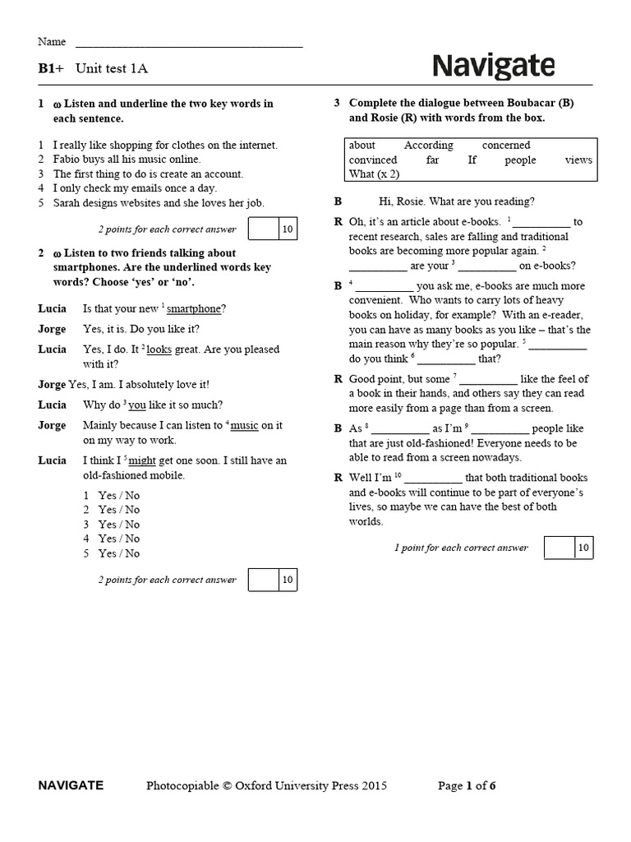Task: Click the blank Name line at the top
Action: pos(189,46)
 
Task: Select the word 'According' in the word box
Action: pos(428,146)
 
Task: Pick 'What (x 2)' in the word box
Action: pos(374,174)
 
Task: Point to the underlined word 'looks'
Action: pos(159,349)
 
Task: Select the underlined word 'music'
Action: pos(245,426)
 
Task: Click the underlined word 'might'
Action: pos(142,461)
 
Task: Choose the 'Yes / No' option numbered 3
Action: pos(119,525)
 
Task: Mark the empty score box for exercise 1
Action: pos(264,229)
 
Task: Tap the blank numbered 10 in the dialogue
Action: pos(433,479)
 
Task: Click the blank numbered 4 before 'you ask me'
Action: pos(385,287)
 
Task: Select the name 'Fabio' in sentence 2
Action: pos(68,160)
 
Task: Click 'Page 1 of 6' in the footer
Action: pos(467,786)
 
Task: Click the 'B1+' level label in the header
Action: pos(51,69)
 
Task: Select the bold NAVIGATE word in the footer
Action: pos(71,786)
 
